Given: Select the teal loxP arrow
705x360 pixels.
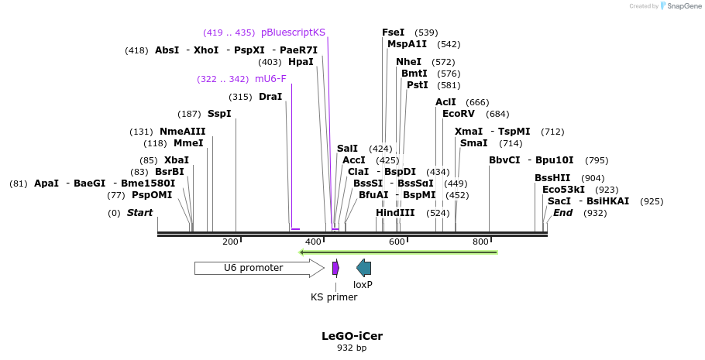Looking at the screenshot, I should pyautogui.click(x=363, y=268).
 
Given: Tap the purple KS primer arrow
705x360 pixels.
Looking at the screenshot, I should pyautogui.click(x=335, y=268).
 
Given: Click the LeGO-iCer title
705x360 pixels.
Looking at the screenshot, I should pyautogui.click(x=352, y=336).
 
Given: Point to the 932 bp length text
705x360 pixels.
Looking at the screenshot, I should pyautogui.click(x=352, y=348).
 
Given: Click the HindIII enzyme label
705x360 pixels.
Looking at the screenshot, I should pyautogui.click(x=395, y=213).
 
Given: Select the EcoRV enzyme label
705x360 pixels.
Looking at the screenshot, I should pyautogui.click(x=459, y=114).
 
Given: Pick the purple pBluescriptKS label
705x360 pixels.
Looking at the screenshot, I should pyautogui.click(x=293, y=33).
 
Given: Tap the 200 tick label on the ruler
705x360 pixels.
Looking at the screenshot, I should pyautogui.click(x=230, y=242).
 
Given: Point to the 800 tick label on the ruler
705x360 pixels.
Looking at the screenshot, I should pyautogui.click(x=480, y=242).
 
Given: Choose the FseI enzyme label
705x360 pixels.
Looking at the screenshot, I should pyautogui.click(x=393, y=33).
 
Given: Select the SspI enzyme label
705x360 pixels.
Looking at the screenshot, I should pyautogui.click(x=219, y=114).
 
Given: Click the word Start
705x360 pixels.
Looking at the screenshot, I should pyautogui.click(x=140, y=213).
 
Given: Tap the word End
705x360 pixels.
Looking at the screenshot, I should pyautogui.click(x=562, y=213).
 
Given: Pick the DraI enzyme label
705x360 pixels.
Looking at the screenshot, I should pyautogui.click(x=270, y=97).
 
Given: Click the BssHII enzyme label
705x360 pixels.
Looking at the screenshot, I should pyautogui.click(x=552, y=178).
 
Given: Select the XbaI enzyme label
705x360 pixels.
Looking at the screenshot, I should pyautogui.click(x=177, y=160).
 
